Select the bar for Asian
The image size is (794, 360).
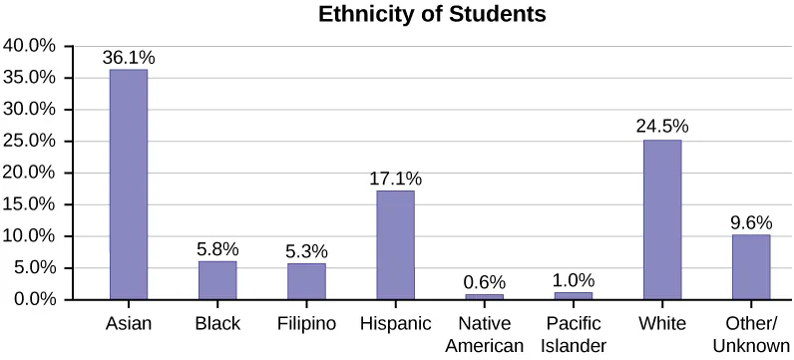[x=129, y=184]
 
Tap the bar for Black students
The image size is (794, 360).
[x=217, y=280]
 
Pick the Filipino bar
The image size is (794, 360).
[x=306, y=281]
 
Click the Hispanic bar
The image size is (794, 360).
[x=395, y=244]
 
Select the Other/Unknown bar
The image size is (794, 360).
[x=751, y=266]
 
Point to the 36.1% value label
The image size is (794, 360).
[x=129, y=58]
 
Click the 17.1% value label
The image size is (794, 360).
[x=395, y=179]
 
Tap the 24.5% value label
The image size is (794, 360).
[x=662, y=128]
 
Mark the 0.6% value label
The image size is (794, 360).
[x=484, y=282]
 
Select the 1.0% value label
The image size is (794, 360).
[x=573, y=280]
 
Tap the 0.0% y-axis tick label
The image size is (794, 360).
[x=33, y=299]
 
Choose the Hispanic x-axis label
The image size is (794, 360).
[x=395, y=324]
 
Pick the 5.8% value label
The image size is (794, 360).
[x=217, y=249]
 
